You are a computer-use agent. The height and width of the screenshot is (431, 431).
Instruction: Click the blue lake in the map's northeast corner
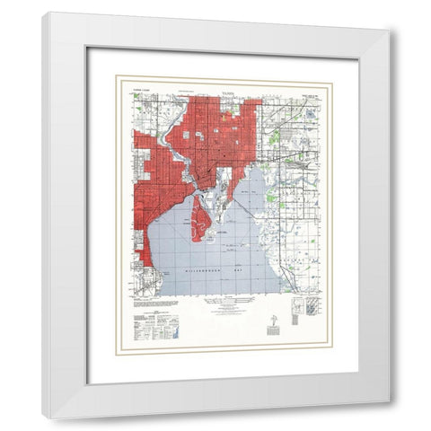tap(312, 114)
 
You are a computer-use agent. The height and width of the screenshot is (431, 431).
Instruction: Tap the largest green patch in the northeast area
tap(275, 137)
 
